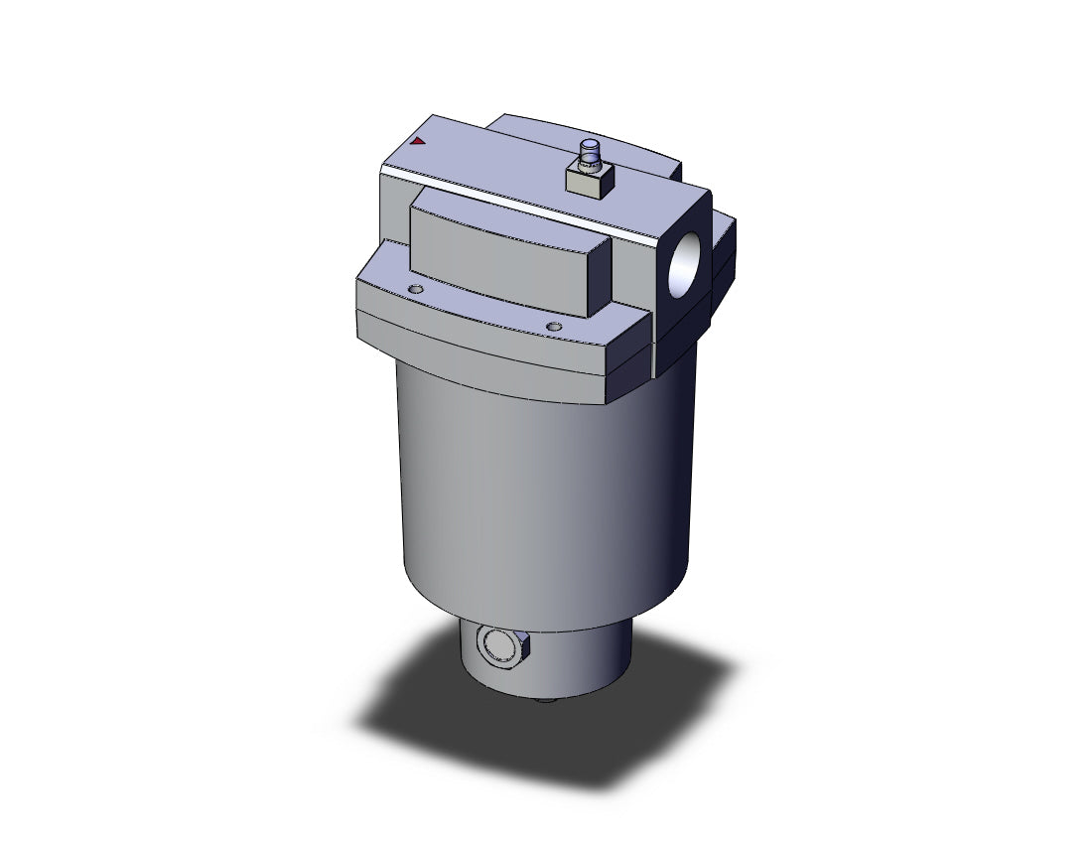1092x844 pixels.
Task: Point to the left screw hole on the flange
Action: click(x=415, y=289)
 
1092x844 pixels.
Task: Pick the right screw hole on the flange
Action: click(x=554, y=326)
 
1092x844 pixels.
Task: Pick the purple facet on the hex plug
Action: click(x=524, y=646)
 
